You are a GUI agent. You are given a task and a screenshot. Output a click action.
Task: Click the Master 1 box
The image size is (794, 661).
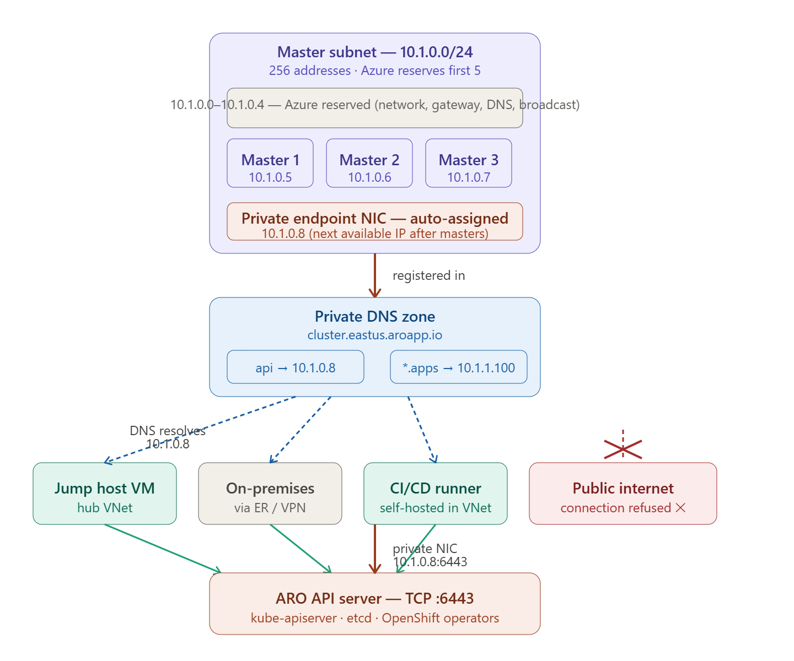tap(270, 162)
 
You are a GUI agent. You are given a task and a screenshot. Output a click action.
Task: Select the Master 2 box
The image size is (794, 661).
tap(369, 162)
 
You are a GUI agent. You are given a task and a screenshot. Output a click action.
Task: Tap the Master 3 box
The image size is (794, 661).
tap(468, 162)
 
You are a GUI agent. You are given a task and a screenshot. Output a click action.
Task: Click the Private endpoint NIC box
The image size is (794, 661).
tap(374, 221)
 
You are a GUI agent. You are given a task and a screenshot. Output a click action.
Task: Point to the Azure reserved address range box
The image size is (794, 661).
tap(374, 107)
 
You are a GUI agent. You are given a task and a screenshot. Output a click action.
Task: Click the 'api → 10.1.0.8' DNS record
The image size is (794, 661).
tap(295, 367)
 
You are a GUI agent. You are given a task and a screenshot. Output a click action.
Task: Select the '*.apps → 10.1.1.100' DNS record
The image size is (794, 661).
tap(458, 367)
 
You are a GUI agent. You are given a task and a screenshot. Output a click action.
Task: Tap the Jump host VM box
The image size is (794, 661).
tap(105, 493)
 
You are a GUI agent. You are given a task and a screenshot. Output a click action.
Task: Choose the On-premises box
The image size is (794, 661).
tap(270, 493)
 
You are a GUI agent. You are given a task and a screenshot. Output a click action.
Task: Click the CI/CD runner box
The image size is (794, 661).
tap(435, 493)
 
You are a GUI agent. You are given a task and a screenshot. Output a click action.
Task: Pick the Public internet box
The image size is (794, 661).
tap(623, 493)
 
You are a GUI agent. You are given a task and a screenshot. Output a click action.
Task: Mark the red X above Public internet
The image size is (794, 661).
tap(623, 449)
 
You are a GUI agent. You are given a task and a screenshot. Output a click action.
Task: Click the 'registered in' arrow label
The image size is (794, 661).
tap(428, 275)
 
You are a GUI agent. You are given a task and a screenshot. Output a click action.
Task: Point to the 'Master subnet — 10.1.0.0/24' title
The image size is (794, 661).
tap(374, 52)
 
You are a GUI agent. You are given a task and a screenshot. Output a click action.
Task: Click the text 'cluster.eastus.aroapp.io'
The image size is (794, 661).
tap(374, 335)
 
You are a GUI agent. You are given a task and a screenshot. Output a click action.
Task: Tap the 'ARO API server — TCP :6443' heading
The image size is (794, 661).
tap(374, 598)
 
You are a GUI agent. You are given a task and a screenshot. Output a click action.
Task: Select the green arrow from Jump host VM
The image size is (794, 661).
tap(163, 548)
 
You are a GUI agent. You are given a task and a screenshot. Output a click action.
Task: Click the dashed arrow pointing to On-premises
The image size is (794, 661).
tap(300, 430)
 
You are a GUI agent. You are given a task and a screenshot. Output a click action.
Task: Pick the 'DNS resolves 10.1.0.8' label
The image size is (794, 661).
tap(167, 437)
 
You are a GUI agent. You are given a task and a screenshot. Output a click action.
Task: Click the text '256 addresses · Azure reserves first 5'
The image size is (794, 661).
tap(374, 71)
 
